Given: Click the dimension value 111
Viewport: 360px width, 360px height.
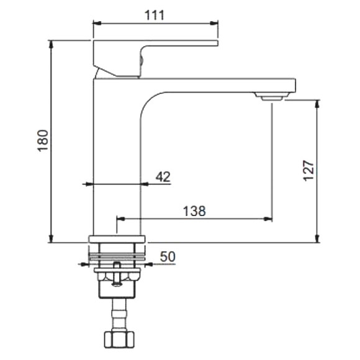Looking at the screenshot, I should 155,15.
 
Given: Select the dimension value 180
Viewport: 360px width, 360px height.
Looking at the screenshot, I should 43,142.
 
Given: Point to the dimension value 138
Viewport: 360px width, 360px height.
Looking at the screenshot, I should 194,210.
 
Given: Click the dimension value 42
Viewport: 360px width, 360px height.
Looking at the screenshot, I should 163,176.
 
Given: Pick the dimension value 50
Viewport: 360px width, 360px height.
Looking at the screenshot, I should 168,256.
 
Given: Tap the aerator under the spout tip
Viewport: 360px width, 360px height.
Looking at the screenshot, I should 272,96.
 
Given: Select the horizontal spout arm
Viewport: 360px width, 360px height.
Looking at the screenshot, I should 217,85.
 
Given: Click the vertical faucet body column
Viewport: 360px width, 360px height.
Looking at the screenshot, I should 117,155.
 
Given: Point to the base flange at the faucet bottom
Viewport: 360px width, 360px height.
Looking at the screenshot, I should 117,238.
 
